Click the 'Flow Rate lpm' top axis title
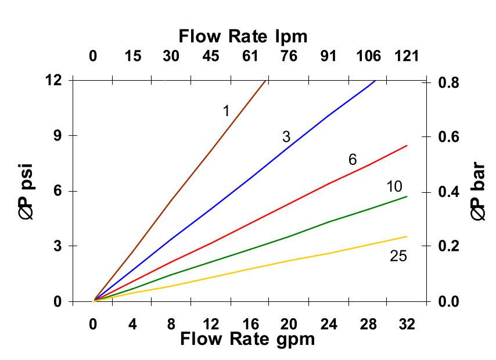click(x=243, y=36)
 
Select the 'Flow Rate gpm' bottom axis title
click(x=247, y=339)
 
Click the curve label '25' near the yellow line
click(x=398, y=255)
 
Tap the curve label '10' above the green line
click(x=394, y=186)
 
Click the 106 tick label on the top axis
click(x=368, y=56)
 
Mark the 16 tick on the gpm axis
click(x=250, y=324)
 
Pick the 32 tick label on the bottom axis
click(x=408, y=324)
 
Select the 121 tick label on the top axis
click(x=407, y=56)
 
